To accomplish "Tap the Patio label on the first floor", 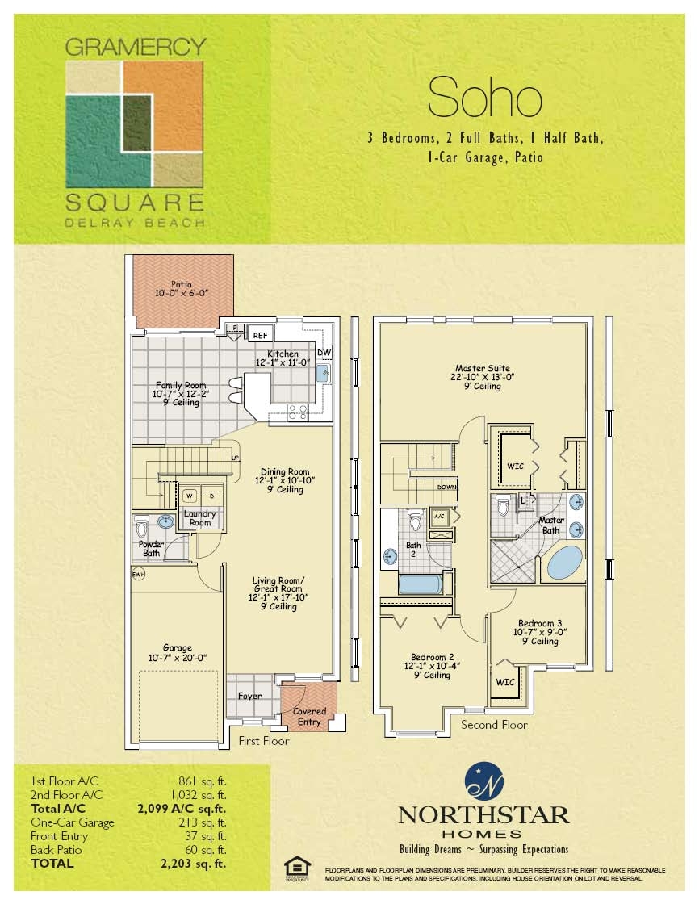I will [x=181, y=289].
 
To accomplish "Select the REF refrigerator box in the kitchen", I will [x=260, y=334].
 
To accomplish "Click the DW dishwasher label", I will [x=324, y=353].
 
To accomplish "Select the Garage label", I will [x=177, y=652].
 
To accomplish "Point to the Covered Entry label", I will [x=309, y=716].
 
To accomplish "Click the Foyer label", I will [x=250, y=696].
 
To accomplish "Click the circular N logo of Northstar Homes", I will [x=483, y=781].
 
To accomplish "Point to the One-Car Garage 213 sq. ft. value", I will [x=202, y=822].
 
